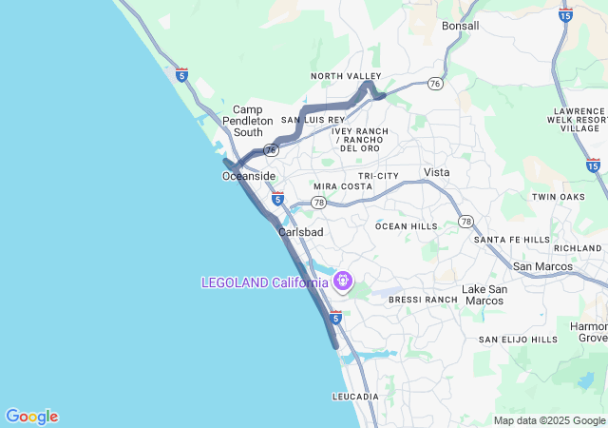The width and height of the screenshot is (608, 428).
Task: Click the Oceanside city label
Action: (x=249, y=177)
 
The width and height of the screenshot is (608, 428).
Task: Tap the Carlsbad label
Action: (x=301, y=232)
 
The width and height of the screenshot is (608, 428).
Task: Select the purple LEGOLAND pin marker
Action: (x=342, y=282)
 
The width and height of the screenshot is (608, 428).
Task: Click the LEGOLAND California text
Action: (x=264, y=282)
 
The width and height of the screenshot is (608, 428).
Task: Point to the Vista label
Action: (x=437, y=172)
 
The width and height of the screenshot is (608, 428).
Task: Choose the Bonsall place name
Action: (x=461, y=26)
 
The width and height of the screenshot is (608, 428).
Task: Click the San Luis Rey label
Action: (x=313, y=120)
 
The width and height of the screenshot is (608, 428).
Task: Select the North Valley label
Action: (x=346, y=76)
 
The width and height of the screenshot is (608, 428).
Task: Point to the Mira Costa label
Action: (x=343, y=186)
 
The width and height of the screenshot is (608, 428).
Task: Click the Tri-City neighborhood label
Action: (x=379, y=176)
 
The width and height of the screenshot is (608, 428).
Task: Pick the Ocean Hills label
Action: (x=407, y=226)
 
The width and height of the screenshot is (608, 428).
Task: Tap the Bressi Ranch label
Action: (x=424, y=300)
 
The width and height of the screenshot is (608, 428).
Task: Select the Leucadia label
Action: (x=355, y=396)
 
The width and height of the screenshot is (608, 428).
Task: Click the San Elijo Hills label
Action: (x=518, y=340)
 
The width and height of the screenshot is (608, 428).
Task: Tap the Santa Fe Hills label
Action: (x=512, y=240)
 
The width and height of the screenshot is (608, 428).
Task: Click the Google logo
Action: (x=31, y=417)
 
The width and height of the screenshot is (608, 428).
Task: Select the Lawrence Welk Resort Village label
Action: (x=579, y=120)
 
